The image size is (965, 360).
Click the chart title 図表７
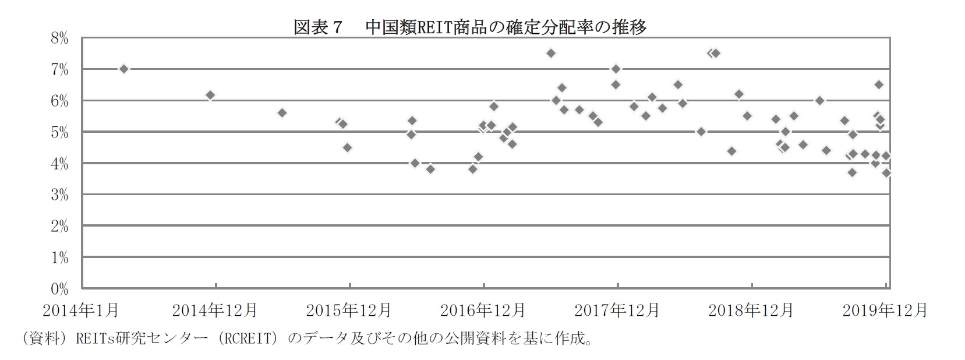317,27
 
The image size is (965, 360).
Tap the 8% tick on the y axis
59,39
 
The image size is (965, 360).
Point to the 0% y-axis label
59,288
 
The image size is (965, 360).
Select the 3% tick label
59,195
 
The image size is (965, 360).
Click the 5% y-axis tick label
59,133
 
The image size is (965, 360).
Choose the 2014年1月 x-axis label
82,310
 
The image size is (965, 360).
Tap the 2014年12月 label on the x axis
215,310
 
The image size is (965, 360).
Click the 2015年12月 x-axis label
349,310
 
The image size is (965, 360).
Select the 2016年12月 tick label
483,310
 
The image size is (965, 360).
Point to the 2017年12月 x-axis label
617,310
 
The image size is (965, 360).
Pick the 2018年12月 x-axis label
751,310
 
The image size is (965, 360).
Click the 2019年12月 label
885,310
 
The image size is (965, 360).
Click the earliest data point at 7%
123,69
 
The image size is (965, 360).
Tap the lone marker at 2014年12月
210,95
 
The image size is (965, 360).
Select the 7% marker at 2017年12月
616,69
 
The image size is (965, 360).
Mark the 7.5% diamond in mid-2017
550,53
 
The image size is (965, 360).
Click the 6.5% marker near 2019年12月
879,84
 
